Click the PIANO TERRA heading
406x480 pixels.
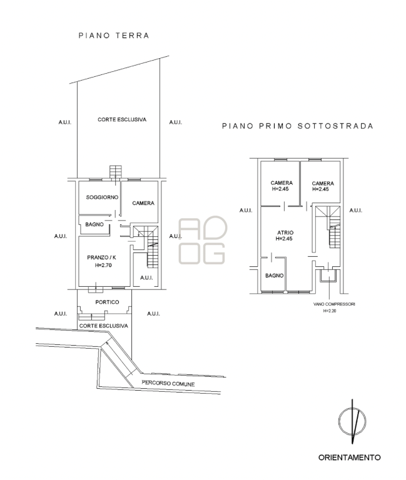tap(114, 36)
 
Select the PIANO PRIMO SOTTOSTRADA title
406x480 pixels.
tap(298, 126)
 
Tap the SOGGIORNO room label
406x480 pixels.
tap(102, 197)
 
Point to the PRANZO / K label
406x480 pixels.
tap(101, 257)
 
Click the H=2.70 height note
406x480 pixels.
tap(103, 265)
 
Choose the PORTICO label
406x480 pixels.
tap(107, 302)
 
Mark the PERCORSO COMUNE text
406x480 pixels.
tap(168, 383)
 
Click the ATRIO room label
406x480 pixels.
tap(285, 232)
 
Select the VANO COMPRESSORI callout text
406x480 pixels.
tap(334, 304)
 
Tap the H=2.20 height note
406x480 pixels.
tap(329, 311)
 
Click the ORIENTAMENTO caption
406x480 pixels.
tap(349, 457)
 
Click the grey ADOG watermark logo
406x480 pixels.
tap(202, 240)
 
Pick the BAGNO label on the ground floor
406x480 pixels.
tap(94, 224)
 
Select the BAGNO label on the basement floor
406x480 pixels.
tap(274, 276)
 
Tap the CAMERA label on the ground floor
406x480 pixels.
tap(143, 203)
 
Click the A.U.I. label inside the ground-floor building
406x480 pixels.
tap(146, 277)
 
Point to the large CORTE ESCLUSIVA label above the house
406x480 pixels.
tap(122, 119)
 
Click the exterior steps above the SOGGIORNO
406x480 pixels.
tap(116, 172)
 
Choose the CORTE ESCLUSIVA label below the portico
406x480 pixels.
tap(104, 326)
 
